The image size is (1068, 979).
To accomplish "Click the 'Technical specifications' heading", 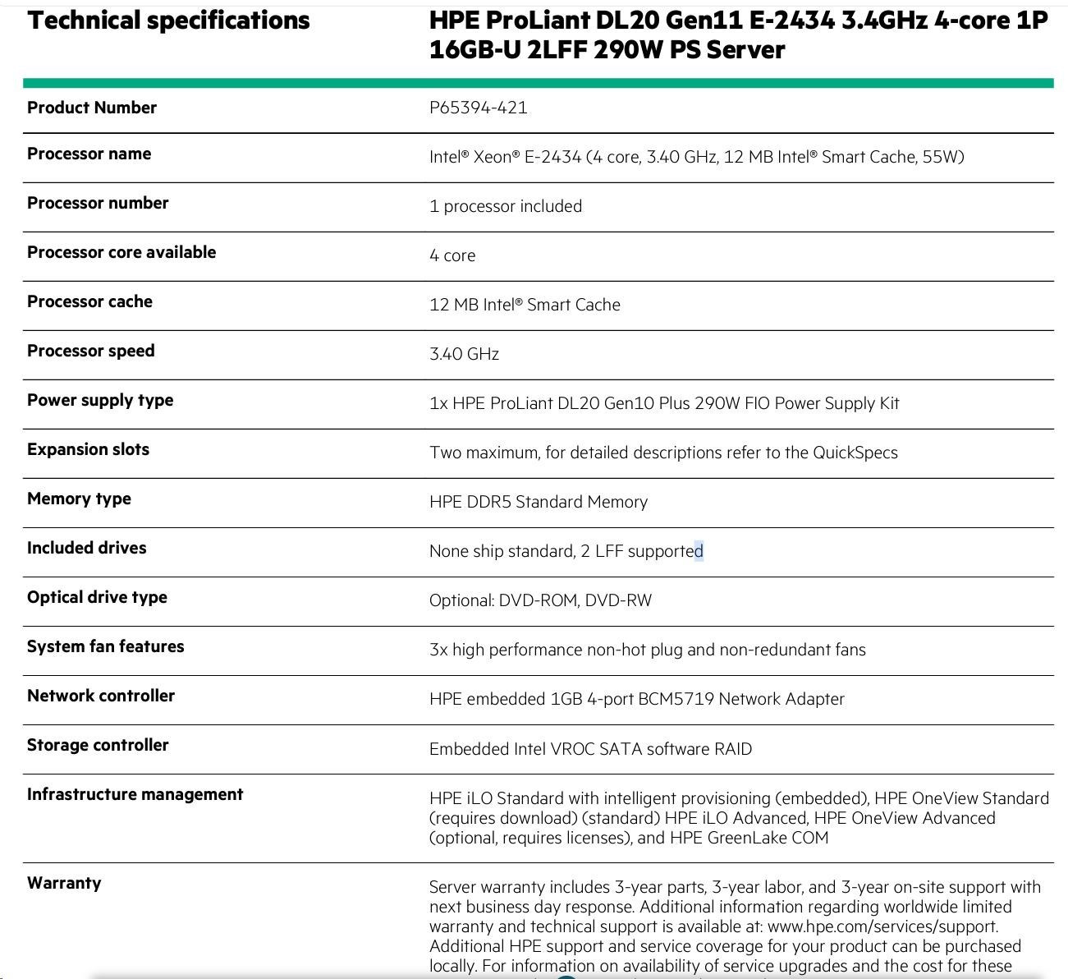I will tap(168, 21).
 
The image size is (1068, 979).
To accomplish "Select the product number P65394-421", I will tap(478, 108).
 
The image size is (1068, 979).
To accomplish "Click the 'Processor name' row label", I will tap(89, 154).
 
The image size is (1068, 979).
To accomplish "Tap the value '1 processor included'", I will tap(505, 206).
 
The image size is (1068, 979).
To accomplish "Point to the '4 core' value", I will tap(451, 255).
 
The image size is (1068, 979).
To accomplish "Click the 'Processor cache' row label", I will tap(89, 301).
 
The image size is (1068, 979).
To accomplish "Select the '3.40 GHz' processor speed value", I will tap(464, 354).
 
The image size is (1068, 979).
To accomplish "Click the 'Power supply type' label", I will tap(100, 400).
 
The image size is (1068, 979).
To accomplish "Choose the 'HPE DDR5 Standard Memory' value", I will tap(538, 502).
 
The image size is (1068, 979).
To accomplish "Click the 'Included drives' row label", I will tap(86, 548).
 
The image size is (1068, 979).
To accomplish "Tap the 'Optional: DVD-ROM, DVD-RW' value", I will tap(540, 600).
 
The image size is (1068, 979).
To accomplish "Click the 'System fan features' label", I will tap(105, 646).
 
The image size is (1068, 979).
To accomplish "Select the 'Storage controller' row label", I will tap(98, 745).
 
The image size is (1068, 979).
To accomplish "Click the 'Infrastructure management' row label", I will tap(135, 794).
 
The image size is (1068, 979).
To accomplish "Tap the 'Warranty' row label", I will tap(64, 883).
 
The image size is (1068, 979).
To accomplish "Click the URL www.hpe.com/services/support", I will tap(882, 926).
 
